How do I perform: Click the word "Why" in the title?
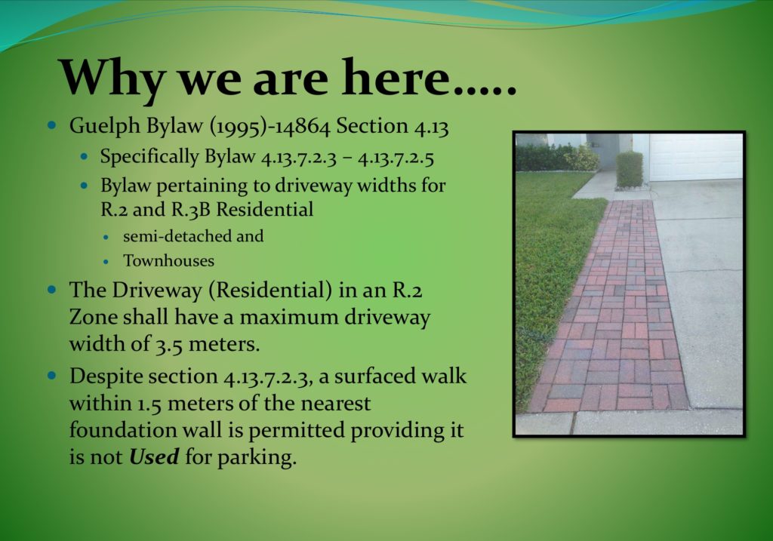112,78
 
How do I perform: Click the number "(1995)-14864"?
270,127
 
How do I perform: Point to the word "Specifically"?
149,157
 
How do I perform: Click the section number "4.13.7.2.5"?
396,158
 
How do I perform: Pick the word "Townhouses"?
168,260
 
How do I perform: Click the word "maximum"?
288,318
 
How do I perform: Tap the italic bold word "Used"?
154,456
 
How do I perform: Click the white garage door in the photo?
695,157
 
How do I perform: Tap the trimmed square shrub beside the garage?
630,169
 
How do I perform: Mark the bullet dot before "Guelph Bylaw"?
52,125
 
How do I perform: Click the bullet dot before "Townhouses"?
106,262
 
